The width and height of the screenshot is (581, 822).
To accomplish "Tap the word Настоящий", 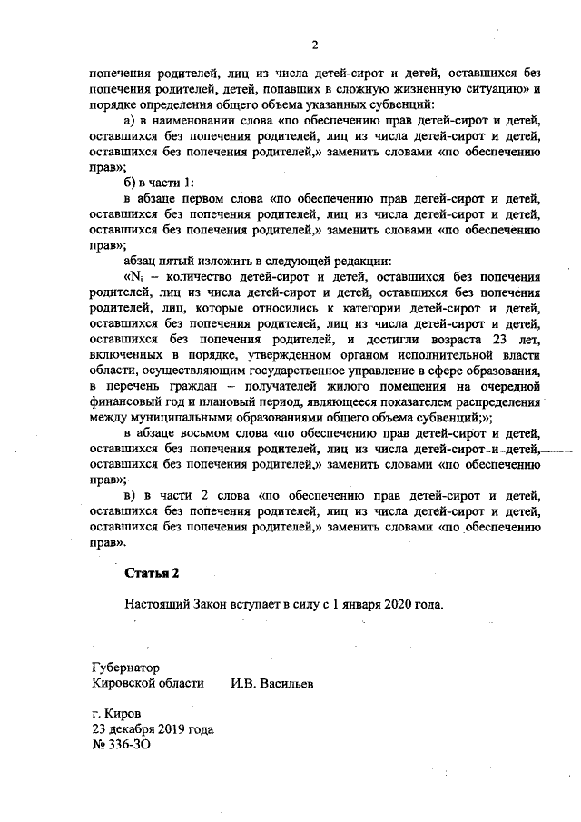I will tap(160, 604).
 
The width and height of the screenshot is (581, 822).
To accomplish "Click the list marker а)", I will tap(129, 120).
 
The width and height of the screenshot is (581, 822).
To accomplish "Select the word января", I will tap(356, 604).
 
